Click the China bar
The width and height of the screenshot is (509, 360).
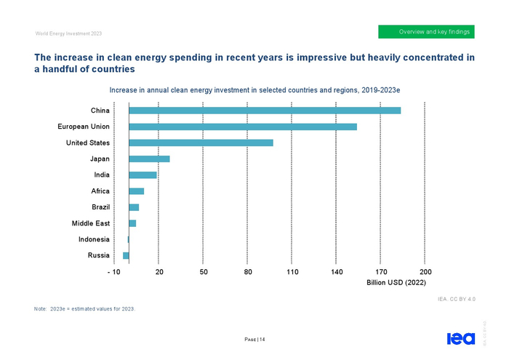click(265, 111)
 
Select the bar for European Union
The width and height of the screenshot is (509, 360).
click(243, 127)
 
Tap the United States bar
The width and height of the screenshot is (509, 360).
click(201, 143)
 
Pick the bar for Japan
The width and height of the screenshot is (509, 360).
click(149, 159)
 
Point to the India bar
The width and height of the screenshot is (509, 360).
click(143, 175)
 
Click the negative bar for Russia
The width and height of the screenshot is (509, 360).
click(126, 255)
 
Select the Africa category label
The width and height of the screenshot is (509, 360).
click(100, 191)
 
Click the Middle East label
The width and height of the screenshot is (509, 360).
click(91, 223)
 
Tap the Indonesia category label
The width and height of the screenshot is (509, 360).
click(94, 239)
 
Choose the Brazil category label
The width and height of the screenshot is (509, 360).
click(100, 207)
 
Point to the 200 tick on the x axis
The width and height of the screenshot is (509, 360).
click(425, 271)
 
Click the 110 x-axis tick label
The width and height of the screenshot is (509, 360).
click(292, 271)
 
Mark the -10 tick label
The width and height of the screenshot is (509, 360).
click(113, 271)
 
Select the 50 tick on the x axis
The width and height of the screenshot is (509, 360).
click(204, 271)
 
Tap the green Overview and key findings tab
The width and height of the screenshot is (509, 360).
click(426, 32)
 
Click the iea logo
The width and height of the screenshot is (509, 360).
click(459, 338)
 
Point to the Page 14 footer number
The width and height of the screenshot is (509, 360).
click(254, 339)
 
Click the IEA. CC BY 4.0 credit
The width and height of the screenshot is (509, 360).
click(457, 298)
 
